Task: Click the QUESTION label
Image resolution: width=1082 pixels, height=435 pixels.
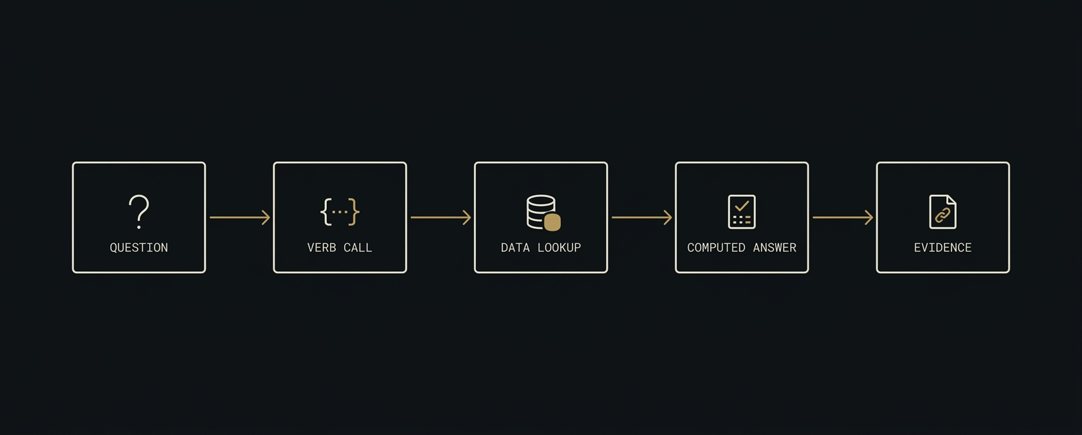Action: pos(139,248)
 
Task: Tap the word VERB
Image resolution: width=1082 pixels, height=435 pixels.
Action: pos(322,248)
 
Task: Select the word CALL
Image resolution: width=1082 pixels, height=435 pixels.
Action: pos(358,248)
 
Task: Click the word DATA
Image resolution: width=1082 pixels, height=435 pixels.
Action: pos(515,248)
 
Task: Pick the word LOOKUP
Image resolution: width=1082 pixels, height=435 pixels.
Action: pos(560,248)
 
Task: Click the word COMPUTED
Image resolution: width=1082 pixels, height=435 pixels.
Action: pos(716,248)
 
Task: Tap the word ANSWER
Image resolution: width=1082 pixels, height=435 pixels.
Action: pos(775,248)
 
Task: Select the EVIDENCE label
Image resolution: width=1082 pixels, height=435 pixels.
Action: pos(943,248)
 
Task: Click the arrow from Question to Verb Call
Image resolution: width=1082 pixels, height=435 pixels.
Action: pos(239,217)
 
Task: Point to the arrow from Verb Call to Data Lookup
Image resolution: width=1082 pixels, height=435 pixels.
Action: pos(440,217)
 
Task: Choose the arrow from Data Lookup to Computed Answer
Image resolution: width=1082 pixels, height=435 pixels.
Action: pos(642,217)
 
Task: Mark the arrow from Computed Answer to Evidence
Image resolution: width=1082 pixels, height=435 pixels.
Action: pos(843,217)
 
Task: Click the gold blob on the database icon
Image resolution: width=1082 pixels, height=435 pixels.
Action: pos(552,222)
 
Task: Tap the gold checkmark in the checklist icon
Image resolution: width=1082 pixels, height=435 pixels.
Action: pos(742,206)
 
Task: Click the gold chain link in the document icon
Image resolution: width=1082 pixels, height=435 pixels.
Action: pos(942,216)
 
